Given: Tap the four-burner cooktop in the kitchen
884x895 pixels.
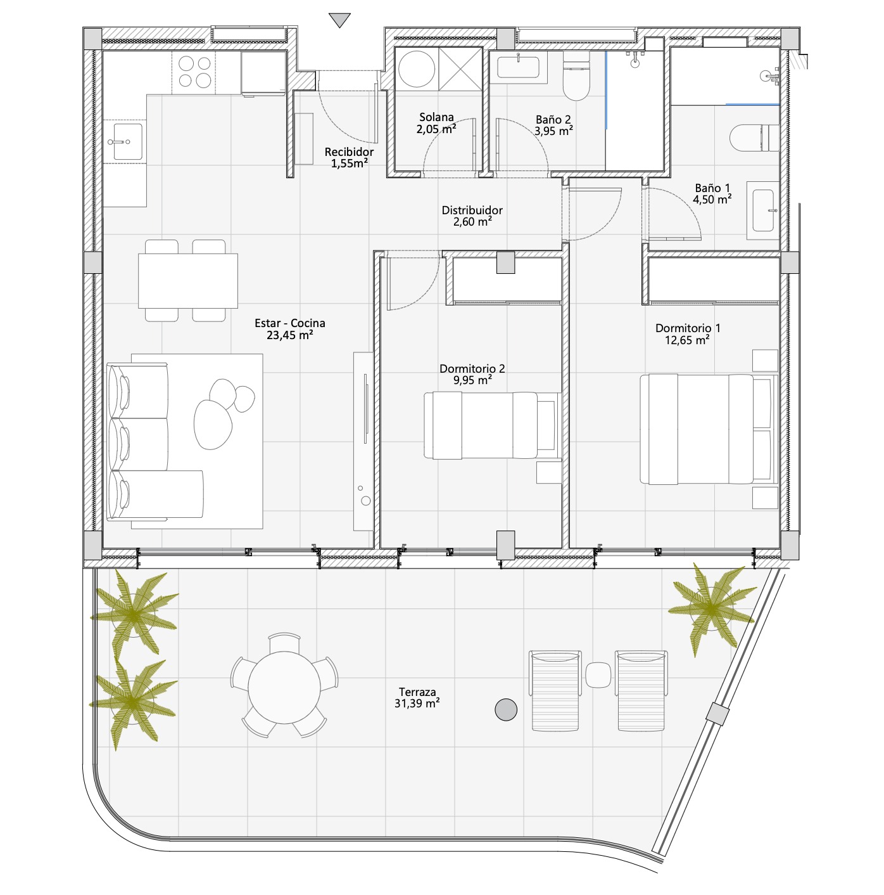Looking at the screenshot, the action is (x=194, y=72).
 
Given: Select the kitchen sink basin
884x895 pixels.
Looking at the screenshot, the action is (x=127, y=141).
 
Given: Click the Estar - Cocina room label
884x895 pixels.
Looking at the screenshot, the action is (x=289, y=323).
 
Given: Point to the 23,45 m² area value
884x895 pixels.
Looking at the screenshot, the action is (x=289, y=335).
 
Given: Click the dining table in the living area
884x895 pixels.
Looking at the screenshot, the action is (x=187, y=281).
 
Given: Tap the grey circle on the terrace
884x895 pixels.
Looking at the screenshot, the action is (x=505, y=710).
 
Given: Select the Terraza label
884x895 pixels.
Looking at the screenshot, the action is (x=417, y=692).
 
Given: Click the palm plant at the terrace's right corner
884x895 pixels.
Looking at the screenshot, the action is (x=711, y=608).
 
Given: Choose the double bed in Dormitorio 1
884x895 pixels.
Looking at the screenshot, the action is (x=708, y=429).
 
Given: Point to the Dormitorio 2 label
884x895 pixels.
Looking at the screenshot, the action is (x=472, y=368).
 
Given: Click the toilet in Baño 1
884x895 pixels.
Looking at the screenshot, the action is (x=754, y=138).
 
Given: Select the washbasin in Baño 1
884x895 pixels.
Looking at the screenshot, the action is (x=763, y=210).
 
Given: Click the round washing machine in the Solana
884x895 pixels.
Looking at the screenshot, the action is (x=416, y=69).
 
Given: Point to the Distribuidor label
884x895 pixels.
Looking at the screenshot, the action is (x=472, y=210).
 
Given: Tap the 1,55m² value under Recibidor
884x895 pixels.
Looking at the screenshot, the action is (x=349, y=163).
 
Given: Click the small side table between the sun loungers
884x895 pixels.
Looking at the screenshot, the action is (x=598, y=675).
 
